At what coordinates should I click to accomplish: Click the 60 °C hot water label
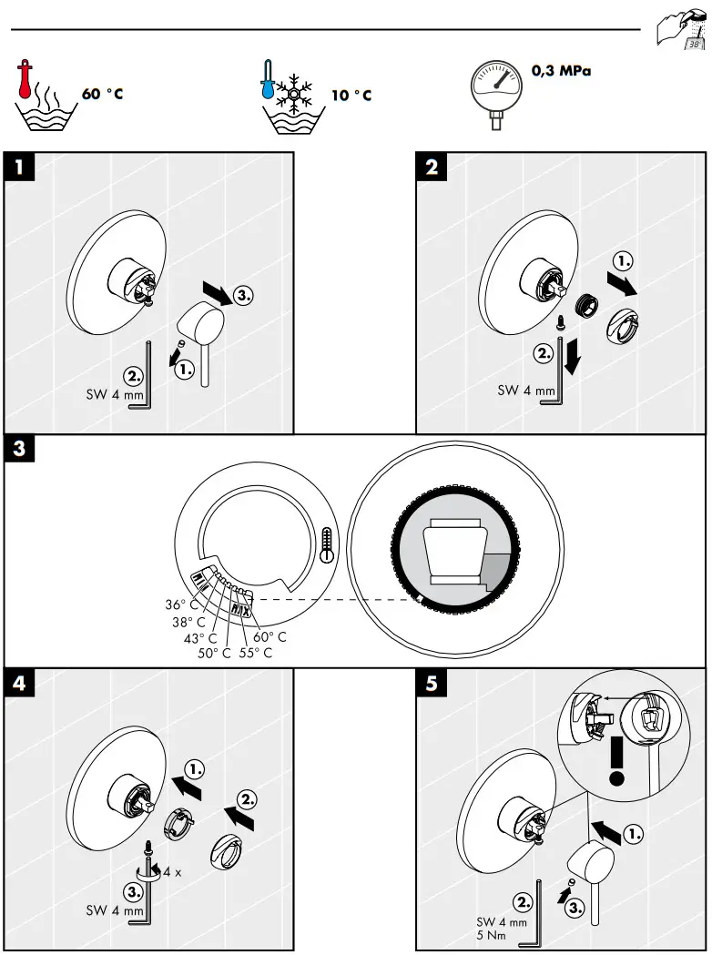pyautogui.click(x=102, y=95)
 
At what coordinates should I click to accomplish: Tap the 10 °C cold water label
pyautogui.click(x=351, y=95)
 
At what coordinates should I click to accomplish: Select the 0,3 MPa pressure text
pyautogui.click(x=561, y=70)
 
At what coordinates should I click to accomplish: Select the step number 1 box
pyautogui.click(x=19, y=167)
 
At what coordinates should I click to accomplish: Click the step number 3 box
pyautogui.click(x=19, y=450)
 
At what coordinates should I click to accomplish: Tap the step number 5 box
pyautogui.click(x=432, y=684)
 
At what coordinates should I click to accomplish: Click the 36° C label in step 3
pyautogui.click(x=181, y=604)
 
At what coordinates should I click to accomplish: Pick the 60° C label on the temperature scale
pyautogui.click(x=270, y=637)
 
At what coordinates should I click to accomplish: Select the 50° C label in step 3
pyautogui.click(x=214, y=653)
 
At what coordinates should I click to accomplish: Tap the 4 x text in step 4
pyautogui.click(x=172, y=872)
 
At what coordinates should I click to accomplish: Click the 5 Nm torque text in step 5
pyautogui.click(x=491, y=936)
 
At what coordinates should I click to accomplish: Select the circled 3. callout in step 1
pyautogui.click(x=243, y=296)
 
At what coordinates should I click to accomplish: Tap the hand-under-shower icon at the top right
pyautogui.click(x=679, y=30)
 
